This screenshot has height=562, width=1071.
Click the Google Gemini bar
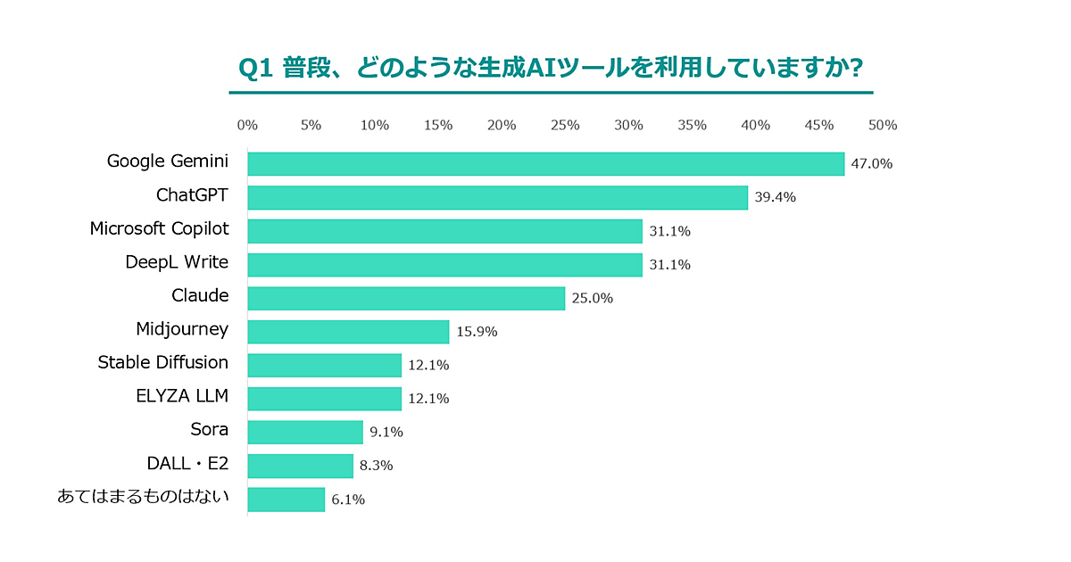pos(545,164)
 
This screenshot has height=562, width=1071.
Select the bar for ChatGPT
pos(497,197)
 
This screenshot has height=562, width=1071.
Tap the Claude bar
pos(406,298)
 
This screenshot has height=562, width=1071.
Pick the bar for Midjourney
pos(348,332)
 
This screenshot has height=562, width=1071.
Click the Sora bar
pos(305,432)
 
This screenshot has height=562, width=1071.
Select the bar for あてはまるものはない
pos(286,500)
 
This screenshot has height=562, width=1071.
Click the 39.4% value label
pos(775,197)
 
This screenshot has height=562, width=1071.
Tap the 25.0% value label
pos(592,298)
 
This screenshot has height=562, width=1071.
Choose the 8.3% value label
pos(377,466)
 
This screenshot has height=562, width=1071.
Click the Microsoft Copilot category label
pos(159,229)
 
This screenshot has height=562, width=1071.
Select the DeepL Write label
pos(177,262)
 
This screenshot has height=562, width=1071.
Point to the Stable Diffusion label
pos(162,362)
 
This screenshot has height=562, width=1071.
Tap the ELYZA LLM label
pos(181,396)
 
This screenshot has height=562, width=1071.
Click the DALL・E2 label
pos(187,463)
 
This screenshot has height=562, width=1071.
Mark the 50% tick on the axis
pos(883,126)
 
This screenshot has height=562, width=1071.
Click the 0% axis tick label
pos(247,126)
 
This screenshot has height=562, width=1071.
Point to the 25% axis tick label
pos(565,126)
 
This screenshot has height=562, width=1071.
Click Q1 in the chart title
pos(257,69)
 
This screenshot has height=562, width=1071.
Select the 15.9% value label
pos(477,332)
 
